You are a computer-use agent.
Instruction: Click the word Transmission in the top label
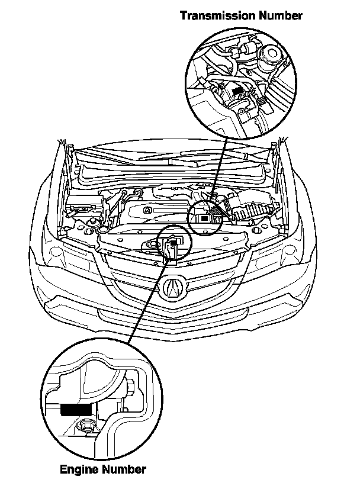point(218,15)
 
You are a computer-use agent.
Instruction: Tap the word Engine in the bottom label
point(79,469)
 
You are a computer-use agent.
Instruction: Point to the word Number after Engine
point(124,469)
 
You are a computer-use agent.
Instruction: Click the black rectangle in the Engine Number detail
point(76,409)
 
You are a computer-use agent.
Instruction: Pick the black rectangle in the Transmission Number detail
point(238,91)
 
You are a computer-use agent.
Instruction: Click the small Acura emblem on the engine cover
point(147,210)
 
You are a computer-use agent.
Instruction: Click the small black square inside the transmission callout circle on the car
point(204,219)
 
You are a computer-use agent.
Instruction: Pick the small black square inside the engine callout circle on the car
point(173,240)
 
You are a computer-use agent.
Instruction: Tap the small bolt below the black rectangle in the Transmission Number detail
point(241,112)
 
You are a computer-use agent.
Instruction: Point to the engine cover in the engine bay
point(156,213)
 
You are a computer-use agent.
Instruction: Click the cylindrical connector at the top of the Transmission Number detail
point(246,49)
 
